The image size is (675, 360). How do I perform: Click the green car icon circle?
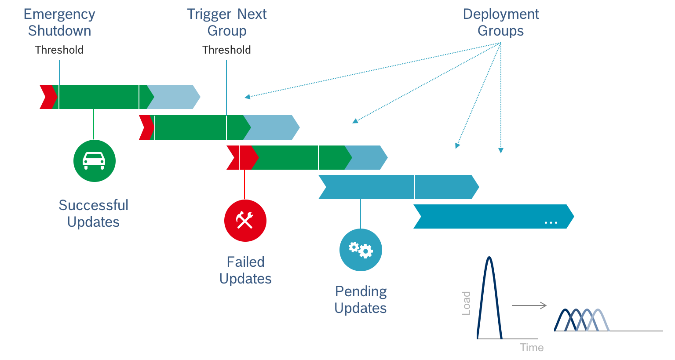point(94,160)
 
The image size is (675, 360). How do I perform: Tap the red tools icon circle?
point(245,220)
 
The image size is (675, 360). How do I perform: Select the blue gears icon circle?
point(361,250)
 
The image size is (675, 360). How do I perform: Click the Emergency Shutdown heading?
point(59,22)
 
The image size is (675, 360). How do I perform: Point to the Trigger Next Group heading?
point(227,22)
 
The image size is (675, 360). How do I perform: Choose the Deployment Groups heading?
point(501,22)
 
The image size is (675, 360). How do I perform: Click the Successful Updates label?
point(93,213)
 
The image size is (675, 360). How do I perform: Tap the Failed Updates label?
point(245,270)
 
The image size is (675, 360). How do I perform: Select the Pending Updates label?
point(361,299)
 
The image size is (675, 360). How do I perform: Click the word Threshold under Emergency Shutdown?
point(59,50)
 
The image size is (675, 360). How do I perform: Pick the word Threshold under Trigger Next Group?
point(227,50)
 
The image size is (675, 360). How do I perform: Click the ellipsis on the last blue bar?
point(551,223)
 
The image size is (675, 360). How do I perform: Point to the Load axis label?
point(466,303)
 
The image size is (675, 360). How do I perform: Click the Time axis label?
point(532,347)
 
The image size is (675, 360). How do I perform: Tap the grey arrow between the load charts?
point(529,305)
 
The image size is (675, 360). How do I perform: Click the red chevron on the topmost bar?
point(47,97)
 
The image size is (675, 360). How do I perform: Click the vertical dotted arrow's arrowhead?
point(500,150)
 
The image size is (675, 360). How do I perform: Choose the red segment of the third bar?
point(242,157)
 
